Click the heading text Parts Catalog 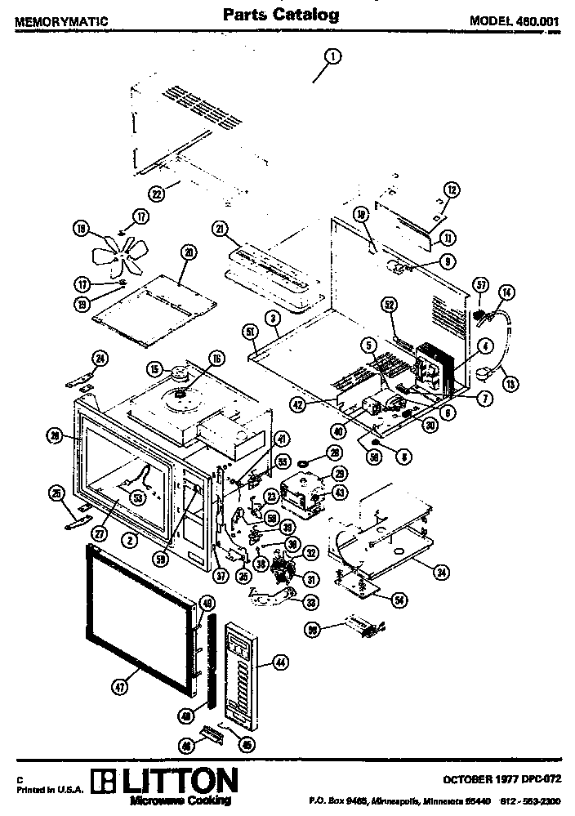[x=281, y=15]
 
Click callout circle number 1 [x=332, y=56]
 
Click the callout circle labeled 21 [x=220, y=230]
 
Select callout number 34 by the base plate [x=441, y=572]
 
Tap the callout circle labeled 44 [x=281, y=663]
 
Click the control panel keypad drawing [x=242, y=670]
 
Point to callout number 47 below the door [x=119, y=688]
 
